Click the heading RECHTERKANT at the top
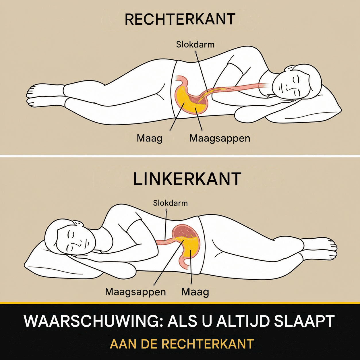coord(180,19)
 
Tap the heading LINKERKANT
coord(187,179)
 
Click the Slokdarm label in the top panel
coord(195,45)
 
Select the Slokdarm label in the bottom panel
coord(170,203)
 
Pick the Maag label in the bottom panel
coord(195,292)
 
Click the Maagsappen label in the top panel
coord(220,139)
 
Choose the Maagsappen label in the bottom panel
coord(136,292)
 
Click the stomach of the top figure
coord(191,97)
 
